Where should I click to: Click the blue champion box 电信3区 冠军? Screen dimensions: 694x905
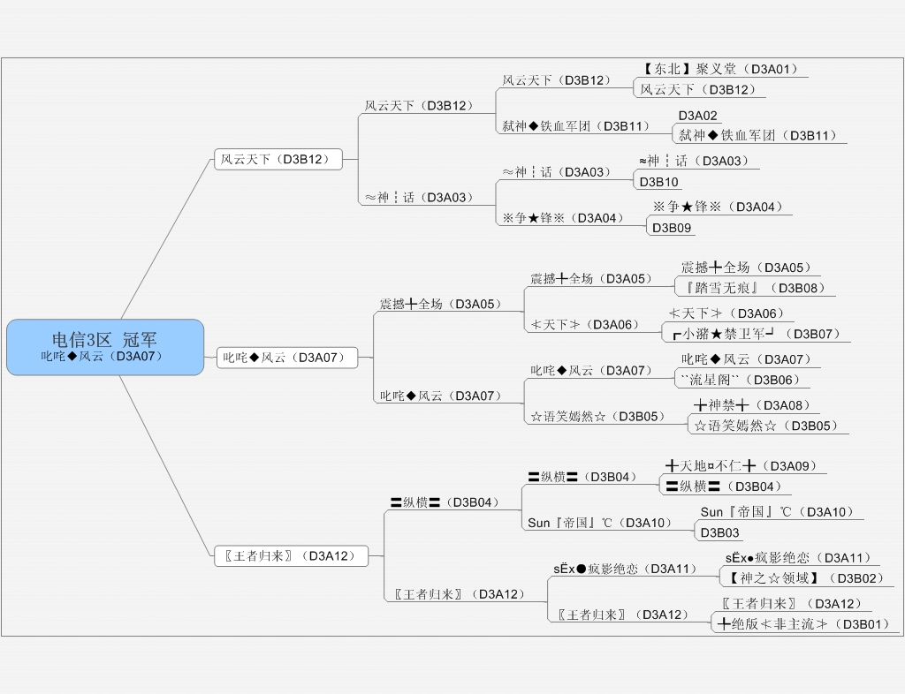pyautogui.click(x=105, y=346)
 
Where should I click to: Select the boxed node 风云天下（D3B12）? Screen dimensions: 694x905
pyautogui.click(x=278, y=160)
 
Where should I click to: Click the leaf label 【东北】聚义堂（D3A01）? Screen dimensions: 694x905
pyautogui.click(x=720, y=69)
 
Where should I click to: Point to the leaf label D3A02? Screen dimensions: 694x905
pyautogui.click(x=698, y=116)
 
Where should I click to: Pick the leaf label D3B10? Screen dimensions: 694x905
pyautogui.click(x=659, y=182)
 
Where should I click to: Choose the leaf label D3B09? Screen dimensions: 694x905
pyautogui.click(x=672, y=228)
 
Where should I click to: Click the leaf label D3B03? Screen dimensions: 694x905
pyautogui.click(x=720, y=532)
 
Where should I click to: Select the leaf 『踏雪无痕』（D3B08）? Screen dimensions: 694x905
pyautogui.click(x=754, y=288)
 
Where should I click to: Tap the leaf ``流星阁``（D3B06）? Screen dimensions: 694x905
pyautogui.click(x=741, y=380)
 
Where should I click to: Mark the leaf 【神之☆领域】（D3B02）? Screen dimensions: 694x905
pyautogui.click(x=805, y=578)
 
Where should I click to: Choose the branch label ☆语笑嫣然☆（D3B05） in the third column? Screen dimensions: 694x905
pyautogui.click(x=597, y=416)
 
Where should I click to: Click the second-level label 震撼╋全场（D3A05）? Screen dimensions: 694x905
pyautogui.click(x=439, y=304)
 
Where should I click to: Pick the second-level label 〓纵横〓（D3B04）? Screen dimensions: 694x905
pyautogui.click(x=445, y=502)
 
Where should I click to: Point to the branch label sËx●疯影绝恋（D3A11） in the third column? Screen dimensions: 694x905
pyautogui.click(x=626, y=569)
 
